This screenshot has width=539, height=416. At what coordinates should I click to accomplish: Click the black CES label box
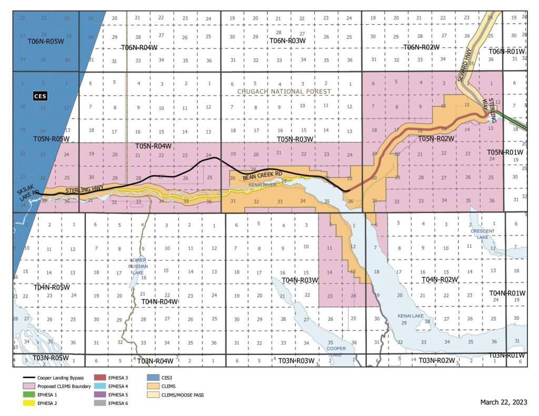[39, 96]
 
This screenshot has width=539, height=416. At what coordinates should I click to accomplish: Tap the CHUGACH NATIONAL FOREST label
[284, 92]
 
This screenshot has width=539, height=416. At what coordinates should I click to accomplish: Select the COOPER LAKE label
[336, 351]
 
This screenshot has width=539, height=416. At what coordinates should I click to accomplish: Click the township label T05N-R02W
[435, 138]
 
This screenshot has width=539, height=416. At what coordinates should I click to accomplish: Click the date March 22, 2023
[503, 402]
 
